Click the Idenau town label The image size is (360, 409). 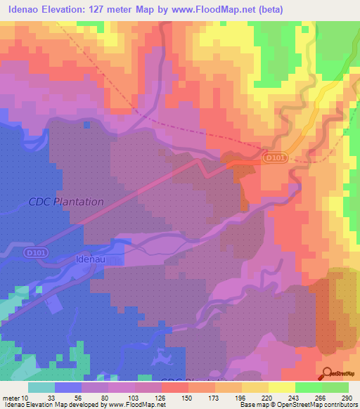coord(89,259)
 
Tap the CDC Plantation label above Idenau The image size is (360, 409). coord(66,202)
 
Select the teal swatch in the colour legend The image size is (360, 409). coord(41,387)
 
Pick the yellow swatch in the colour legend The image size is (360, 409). coord(281,387)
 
